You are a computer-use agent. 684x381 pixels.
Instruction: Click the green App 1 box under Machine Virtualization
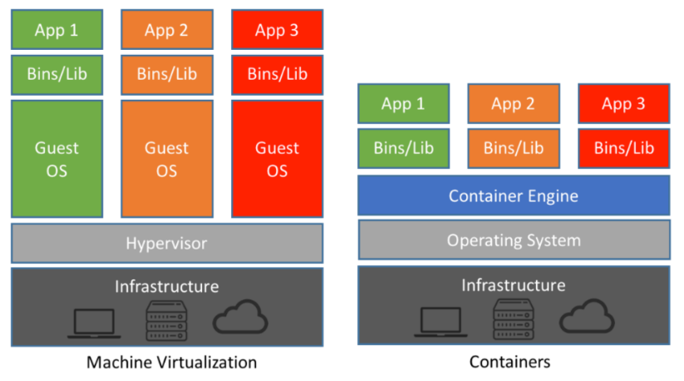pyautogui.click(x=57, y=30)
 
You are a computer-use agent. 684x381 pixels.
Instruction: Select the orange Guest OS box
pyautogui.click(x=166, y=159)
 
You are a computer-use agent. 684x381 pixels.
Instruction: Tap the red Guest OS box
pyautogui.click(x=277, y=159)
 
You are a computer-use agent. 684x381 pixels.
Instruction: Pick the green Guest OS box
pyautogui.click(x=57, y=159)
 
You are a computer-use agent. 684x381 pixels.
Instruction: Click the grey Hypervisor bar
pyautogui.click(x=166, y=243)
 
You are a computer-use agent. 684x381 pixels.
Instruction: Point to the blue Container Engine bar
pyautogui.click(x=513, y=196)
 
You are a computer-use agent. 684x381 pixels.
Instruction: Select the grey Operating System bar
pyautogui.click(x=513, y=240)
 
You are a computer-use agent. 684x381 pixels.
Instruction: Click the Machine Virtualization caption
pyautogui.click(x=171, y=362)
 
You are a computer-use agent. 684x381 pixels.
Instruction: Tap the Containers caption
pyautogui.click(x=509, y=362)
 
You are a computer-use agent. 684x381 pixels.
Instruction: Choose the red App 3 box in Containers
pyautogui.click(x=623, y=104)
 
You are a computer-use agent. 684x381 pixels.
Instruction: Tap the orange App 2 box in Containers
pyautogui.click(x=513, y=104)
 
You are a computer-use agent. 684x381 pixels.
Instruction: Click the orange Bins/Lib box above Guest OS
pyautogui.click(x=166, y=74)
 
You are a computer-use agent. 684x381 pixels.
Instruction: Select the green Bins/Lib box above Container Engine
pyautogui.click(x=403, y=148)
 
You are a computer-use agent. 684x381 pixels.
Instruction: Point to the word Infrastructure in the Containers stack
pyautogui.click(x=513, y=285)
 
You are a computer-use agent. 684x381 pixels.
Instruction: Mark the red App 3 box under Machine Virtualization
pyautogui.click(x=277, y=30)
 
